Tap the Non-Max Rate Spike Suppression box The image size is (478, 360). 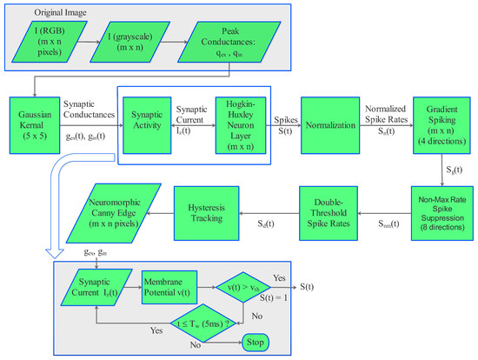click(442, 212)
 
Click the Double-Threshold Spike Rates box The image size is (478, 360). click(332, 212)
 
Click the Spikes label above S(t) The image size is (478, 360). click(288, 115)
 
